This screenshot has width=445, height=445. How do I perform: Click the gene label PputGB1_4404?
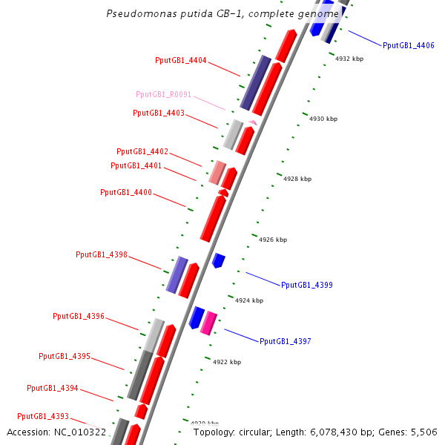(181, 60)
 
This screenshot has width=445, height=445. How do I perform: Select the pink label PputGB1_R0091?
(164, 94)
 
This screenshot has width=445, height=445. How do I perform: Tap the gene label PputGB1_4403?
(159, 113)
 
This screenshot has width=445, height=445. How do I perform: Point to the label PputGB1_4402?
(142, 151)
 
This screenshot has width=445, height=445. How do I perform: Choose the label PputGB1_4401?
(136, 165)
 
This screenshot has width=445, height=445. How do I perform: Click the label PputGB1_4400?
(126, 192)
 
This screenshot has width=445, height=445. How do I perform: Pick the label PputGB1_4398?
(102, 254)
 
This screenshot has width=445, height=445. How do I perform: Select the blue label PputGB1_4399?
(307, 285)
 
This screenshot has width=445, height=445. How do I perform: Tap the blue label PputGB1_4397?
(286, 341)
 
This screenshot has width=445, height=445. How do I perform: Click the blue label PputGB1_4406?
(409, 45)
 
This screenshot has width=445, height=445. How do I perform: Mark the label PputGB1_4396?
(79, 316)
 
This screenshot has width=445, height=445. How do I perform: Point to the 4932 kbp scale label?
(349, 58)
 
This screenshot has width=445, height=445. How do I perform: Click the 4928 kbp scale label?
(297, 179)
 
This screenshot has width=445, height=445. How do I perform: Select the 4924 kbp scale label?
(249, 300)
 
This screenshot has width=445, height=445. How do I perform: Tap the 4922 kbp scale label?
(227, 362)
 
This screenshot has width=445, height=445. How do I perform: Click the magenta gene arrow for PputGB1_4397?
(209, 322)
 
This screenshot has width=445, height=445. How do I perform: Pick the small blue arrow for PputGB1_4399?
(218, 260)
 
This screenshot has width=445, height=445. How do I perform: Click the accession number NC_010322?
(81, 432)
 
